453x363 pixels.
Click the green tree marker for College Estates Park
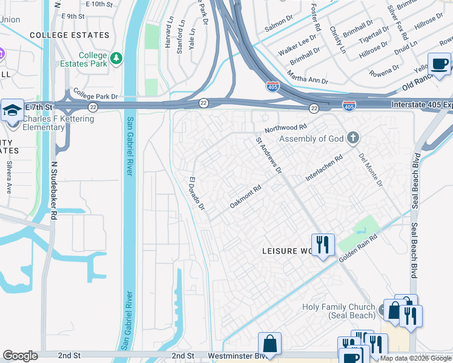point(116,59)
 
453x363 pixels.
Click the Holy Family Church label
point(338,312)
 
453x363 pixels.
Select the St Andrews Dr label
point(269,155)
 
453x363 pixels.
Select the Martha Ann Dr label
point(307,77)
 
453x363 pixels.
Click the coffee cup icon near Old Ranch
point(439,64)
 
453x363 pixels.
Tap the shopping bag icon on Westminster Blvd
point(269,343)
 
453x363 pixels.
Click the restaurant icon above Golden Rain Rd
point(323,244)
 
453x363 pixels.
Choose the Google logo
point(20,356)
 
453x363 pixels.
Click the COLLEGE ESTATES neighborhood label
point(68,36)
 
